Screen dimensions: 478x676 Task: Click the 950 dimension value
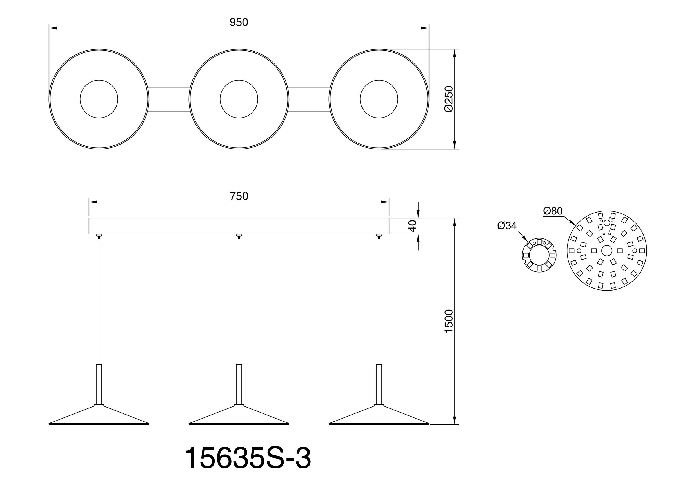coord(239,22)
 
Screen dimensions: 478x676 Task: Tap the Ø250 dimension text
coord(448,99)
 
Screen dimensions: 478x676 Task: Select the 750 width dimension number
coord(239,196)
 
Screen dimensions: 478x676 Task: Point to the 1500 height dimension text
coord(448,321)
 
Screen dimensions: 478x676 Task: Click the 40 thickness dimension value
coord(413,226)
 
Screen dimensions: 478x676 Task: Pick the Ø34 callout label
coord(507,225)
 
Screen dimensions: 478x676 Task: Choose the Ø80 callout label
coord(553,211)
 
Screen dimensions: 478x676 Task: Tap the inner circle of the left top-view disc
coord(99,99)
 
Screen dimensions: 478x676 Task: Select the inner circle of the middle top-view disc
coord(239,99)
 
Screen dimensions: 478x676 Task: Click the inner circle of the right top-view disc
coord(379,99)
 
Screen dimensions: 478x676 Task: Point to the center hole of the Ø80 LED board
coord(607,251)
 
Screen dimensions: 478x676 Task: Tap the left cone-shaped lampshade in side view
coord(99,416)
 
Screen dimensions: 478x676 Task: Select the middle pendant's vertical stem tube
coord(239,385)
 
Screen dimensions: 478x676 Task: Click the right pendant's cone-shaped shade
coord(379,416)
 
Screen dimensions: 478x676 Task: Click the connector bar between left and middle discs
coord(169,99)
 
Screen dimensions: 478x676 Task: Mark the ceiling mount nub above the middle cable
coord(239,236)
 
